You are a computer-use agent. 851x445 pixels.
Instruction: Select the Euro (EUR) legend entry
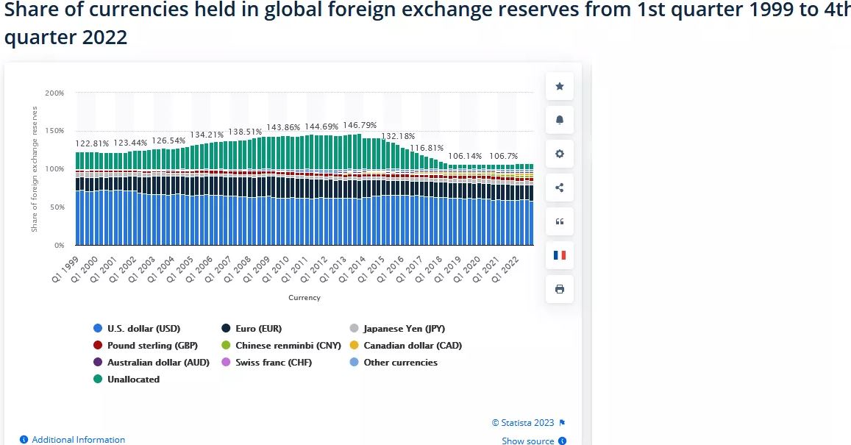pos(257,329)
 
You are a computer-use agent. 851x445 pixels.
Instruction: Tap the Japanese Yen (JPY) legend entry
pos(403,329)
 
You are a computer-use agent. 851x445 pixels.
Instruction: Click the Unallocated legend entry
pos(132,379)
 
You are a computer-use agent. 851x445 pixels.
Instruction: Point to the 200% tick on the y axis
pos(54,93)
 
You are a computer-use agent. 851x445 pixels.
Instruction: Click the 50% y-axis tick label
pos(57,207)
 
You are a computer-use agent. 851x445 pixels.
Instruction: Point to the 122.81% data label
pos(92,143)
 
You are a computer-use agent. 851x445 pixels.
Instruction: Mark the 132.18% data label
pos(398,136)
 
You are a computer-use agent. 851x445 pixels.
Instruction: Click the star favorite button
pos(559,87)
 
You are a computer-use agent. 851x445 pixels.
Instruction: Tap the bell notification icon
pos(559,121)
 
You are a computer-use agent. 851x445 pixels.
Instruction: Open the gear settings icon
pos(559,154)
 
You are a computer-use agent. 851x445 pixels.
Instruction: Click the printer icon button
pos(559,289)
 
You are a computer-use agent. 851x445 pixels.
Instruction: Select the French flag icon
pos(559,255)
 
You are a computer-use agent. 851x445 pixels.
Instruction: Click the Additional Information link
pos(78,439)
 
